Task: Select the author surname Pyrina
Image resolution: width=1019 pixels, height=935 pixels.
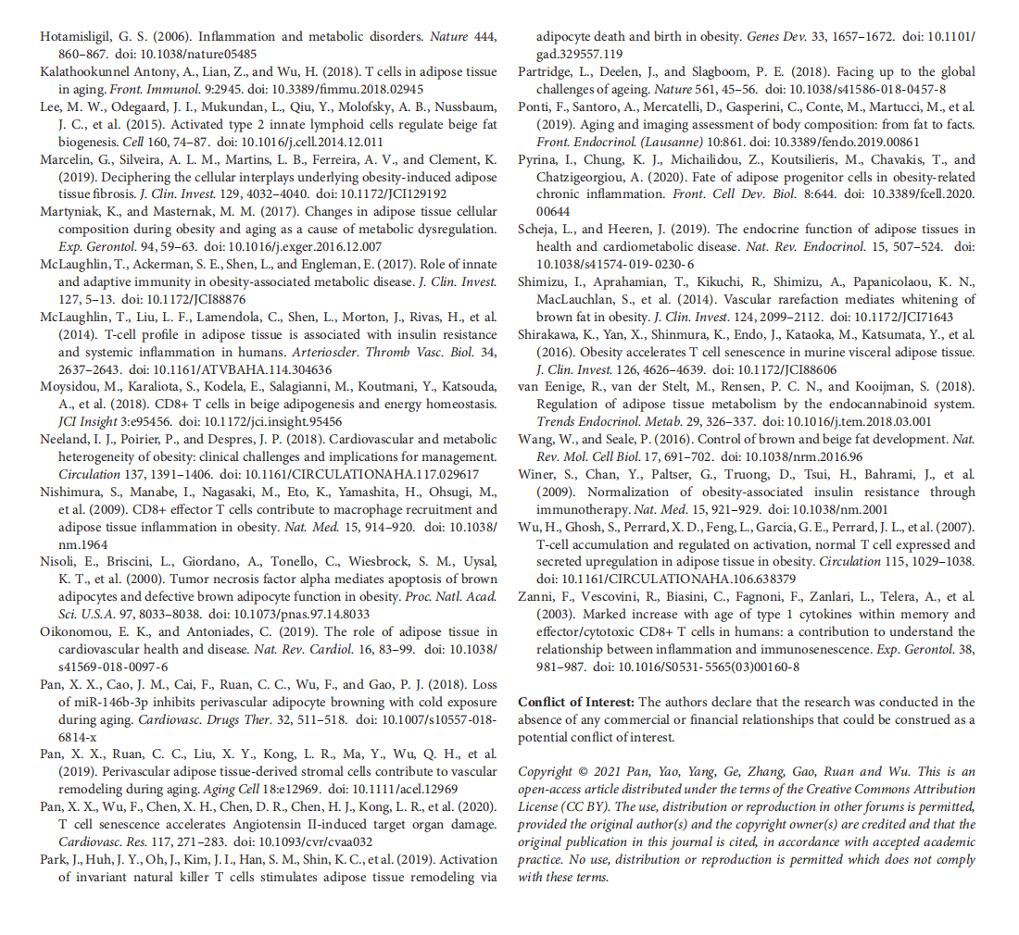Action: [538, 159]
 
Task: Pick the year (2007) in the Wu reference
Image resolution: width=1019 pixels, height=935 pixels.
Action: [948, 527]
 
